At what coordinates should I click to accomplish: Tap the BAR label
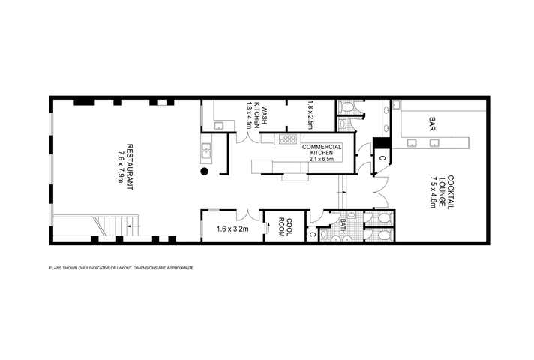pyautogui.click(x=432, y=122)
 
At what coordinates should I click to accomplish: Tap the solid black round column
pyautogui.click(x=204, y=172)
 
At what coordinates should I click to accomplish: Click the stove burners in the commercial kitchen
pyautogui.click(x=287, y=138)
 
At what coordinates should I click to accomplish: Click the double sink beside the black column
pyautogui.click(x=207, y=152)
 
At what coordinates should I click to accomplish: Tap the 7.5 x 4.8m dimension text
pyautogui.click(x=433, y=191)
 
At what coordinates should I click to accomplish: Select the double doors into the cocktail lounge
pyautogui.click(x=380, y=194)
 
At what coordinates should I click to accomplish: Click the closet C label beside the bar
pyautogui.click(x=381, y=158)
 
